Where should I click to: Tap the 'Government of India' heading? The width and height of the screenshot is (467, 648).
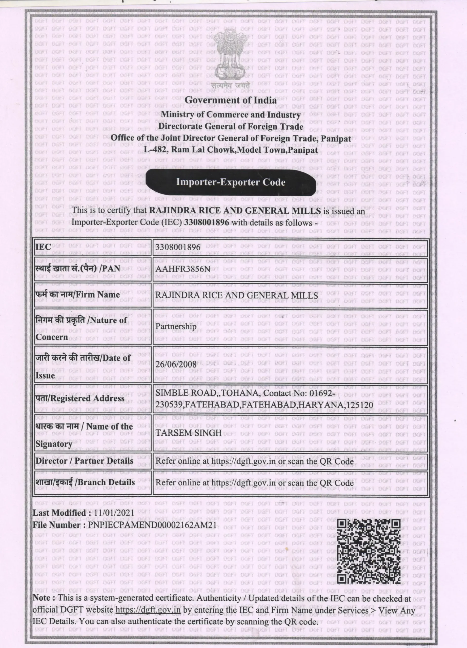231,100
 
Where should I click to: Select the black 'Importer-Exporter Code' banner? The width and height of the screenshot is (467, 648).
231,182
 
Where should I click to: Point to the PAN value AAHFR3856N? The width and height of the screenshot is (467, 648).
183,269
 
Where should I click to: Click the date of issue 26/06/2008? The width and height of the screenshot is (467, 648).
176,364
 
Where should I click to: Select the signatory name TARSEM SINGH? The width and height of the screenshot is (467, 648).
189,433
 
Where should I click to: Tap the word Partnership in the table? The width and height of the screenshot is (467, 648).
176,326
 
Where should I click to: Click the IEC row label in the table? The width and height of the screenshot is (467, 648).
44,247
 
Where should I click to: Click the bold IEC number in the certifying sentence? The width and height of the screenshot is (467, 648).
207,222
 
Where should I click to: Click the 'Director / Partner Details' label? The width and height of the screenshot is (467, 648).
84,461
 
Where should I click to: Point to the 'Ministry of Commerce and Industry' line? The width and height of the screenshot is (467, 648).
231,115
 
